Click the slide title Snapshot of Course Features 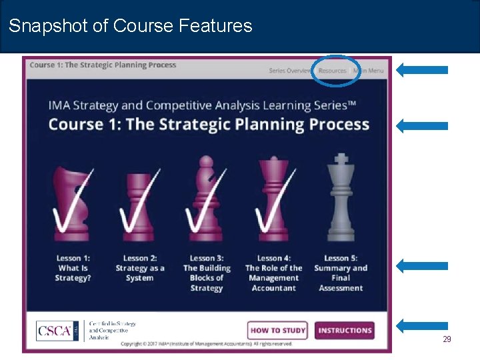(x=131, y=26)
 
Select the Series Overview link (x=290, y=71)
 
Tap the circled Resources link (x=333, y=71)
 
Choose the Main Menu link (x=369, y=71)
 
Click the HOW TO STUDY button (x=278, y=330)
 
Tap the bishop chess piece (x=205, y=200)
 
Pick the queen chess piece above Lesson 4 (x=273, y=200)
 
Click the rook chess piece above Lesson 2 (x=140, y=200)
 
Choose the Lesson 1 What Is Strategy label (x=73, y=268)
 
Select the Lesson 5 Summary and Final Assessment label (x=341, y=273)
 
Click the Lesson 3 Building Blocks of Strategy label (x=206, y=273)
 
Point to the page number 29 (x=447, y=339)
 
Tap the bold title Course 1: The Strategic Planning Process (x=209, y=124)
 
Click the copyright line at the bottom (x=207, y=344)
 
